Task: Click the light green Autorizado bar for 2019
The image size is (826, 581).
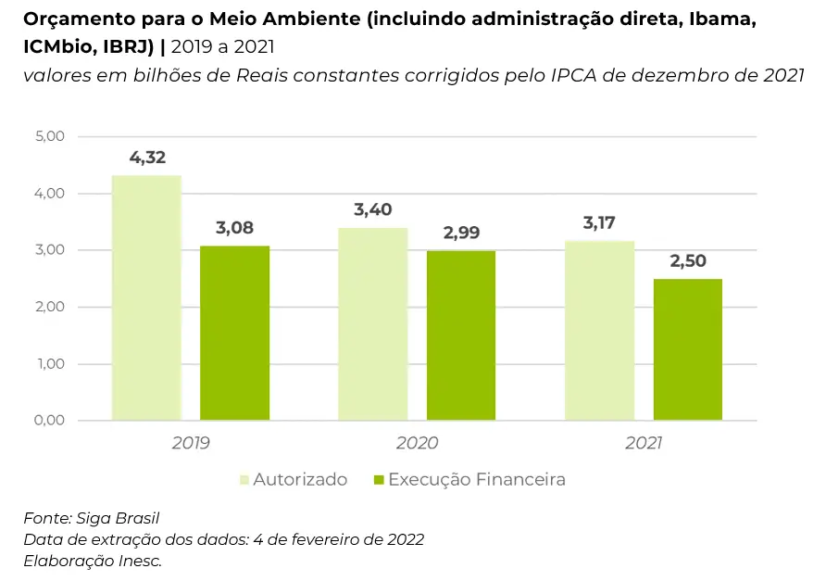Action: tap(146, 297)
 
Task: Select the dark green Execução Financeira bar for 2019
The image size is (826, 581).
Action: tap(235, 333)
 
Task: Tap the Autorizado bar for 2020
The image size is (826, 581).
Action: tap(373, 323)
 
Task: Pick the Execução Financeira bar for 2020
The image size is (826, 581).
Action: tap(461, 335)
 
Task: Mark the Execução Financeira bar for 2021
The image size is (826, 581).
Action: tap(688, 349)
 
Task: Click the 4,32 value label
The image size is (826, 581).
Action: tap(147, 158)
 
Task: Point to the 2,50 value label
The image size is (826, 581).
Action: tap(688, 261)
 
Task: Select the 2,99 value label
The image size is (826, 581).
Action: tap(461, 234)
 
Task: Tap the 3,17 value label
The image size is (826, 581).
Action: tap(599, 223)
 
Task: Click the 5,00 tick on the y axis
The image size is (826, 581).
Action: tap(49, 136)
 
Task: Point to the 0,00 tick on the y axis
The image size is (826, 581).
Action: tap(49, 421)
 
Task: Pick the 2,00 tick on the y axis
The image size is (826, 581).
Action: tap(49, 307)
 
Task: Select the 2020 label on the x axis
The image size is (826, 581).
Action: tap(417, 444)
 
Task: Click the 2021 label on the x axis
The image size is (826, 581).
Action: tap(644, 444)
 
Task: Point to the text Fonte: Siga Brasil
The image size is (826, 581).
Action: tap(84, 518)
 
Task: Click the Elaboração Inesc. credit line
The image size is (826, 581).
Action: tap(93, 561)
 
